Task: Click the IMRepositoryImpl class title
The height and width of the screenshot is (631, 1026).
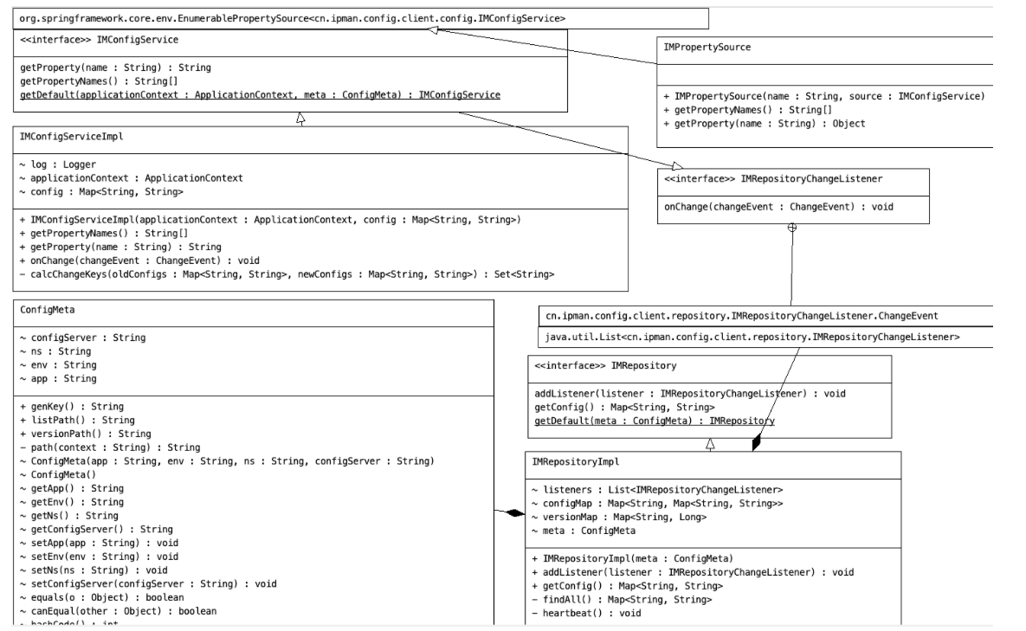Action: (571, 460)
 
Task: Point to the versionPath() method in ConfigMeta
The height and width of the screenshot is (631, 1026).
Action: (86, 433)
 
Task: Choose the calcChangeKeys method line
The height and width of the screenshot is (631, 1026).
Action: (287, 274)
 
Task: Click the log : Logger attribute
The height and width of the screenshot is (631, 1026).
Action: (56, 164)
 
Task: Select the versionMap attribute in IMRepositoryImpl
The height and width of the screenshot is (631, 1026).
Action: (619, 517)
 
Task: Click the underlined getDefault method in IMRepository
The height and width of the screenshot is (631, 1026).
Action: (655, 421)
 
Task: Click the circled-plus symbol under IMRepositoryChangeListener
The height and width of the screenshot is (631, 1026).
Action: (791, 227)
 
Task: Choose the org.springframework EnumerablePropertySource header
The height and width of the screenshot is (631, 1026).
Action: (294, 17)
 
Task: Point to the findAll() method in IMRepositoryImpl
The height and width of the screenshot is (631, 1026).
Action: (621, 599)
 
